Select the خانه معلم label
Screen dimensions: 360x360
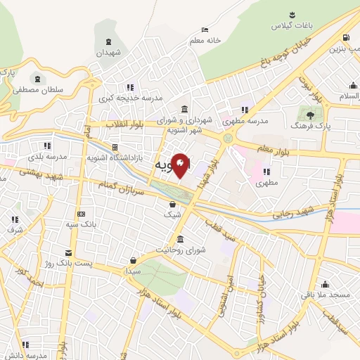[x=205, y=41]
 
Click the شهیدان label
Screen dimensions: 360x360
[x=109, y=53]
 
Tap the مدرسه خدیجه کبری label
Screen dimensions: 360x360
[x=131, y=98]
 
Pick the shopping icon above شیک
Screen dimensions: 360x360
[x=172, y=204]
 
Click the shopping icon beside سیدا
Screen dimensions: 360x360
[x=134, y=259]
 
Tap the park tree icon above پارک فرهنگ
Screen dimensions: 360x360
[x=307, y=113]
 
